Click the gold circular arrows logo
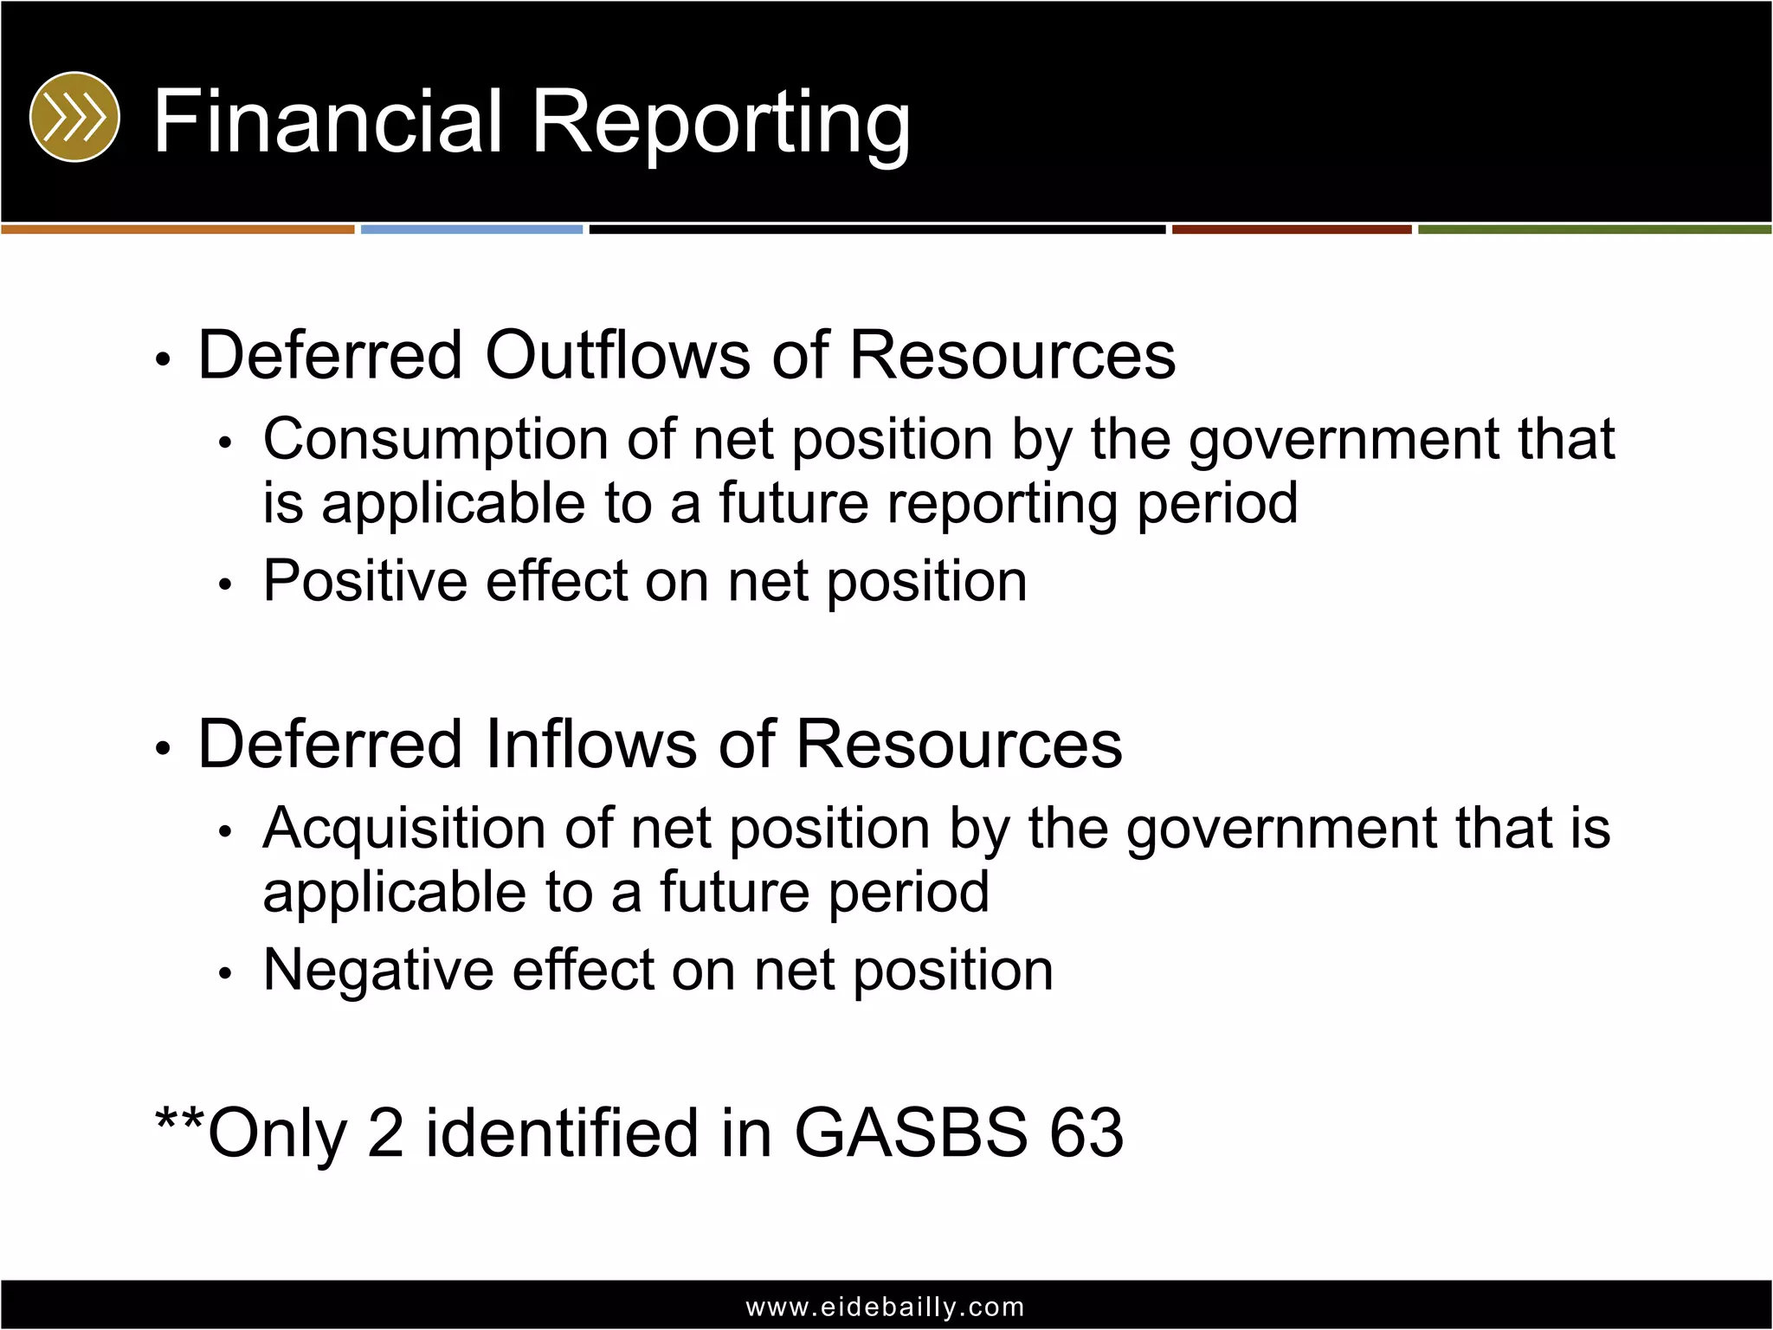74,117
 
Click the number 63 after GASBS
1086,1133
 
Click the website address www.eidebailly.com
885,1307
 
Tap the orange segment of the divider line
177,229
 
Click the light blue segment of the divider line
472,229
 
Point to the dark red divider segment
1292,229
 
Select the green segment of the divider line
1595,229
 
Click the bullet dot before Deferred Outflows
163,359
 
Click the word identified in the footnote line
562,1133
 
